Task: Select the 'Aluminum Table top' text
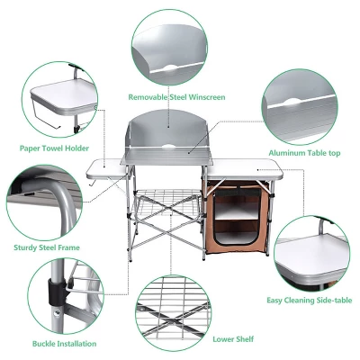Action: pos(303,153)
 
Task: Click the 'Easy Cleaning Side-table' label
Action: pos(309,300)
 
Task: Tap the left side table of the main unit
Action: pos(107,165)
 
